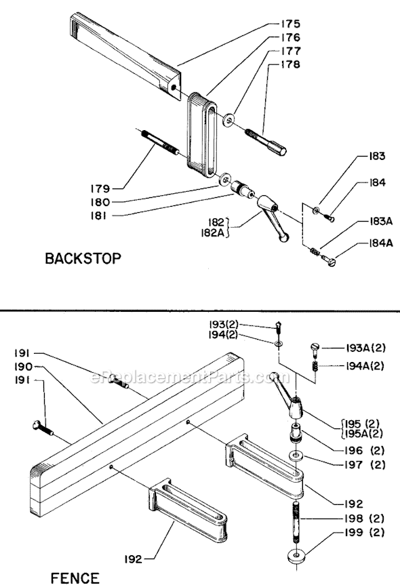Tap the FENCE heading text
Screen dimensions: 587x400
pos(75,578)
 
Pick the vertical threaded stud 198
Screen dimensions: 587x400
pos(296,515)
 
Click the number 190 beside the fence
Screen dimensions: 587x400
pos(22,367)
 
